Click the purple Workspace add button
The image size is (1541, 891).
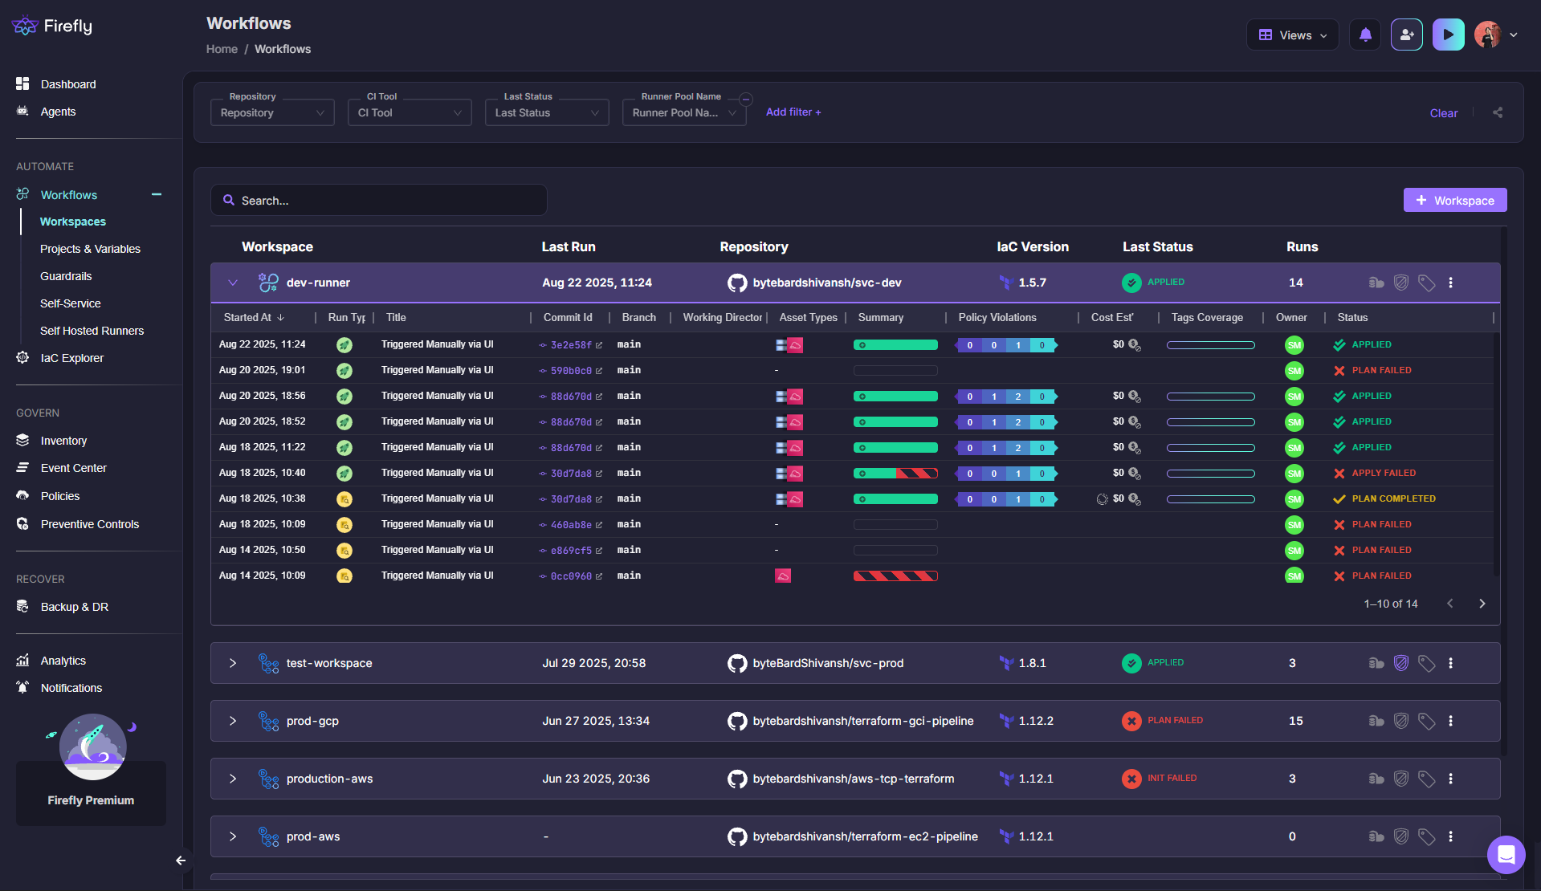(1454, 200)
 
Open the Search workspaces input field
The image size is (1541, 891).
(379, 200)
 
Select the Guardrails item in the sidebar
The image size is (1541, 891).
(66, 276)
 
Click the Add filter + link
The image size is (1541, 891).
(793, 112)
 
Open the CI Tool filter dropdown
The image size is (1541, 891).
(410, 112)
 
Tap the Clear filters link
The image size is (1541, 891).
(1443, 113)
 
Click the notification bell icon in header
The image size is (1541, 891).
(1365, 35)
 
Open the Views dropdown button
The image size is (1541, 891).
(1292, 35)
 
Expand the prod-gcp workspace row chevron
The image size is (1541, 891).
(233, 721)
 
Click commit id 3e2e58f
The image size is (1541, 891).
(571, 345)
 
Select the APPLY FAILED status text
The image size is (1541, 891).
(1384, 473)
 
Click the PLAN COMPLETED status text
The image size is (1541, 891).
(1393, 498)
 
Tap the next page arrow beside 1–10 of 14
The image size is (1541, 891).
(1482, 604)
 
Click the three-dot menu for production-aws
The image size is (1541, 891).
(1450, 779)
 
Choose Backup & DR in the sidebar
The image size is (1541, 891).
(75, 607)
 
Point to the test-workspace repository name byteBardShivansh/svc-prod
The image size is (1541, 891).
(828, 663)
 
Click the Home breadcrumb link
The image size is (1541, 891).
(222, 49)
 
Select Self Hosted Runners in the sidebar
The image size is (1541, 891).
(92, 331)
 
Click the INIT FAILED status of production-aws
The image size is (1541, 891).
(1172, 778)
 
